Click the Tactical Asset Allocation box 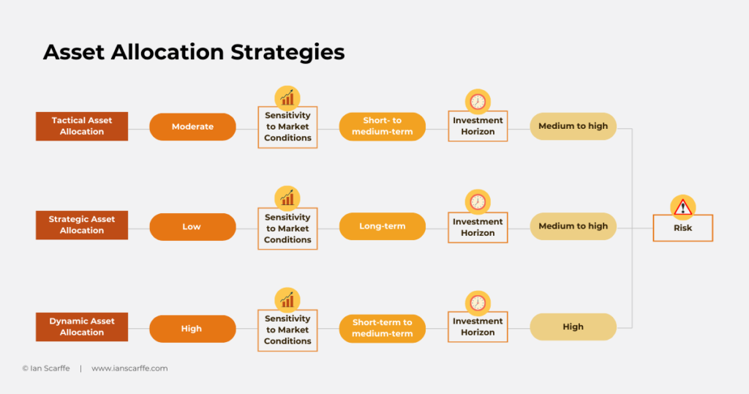[x=82, y=126]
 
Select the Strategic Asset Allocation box [x=82, y=225]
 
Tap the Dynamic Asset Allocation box [x=82, y=327]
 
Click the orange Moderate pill [x=192, y=127]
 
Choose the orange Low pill [x=192, y=226]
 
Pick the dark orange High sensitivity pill [x=192, y=329]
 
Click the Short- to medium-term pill [x=382, y=126]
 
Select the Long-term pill [x=382, y=226]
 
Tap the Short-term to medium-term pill [x=382, y=328]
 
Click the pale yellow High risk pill [x=573, y=327]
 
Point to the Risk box [x=682, y=228]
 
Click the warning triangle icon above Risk [x=683, y=207]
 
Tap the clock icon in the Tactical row [x=478, y=101]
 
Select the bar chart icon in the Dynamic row [x=287, y=300]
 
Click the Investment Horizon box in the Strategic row [x=478, y=227]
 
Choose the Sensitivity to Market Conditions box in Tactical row [x=287, y=127]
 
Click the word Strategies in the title [x=287, y=52]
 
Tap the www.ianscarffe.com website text [x=129, y=368]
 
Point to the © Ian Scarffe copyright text [x=46, y=368]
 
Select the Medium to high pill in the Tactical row [x=573, y=126]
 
